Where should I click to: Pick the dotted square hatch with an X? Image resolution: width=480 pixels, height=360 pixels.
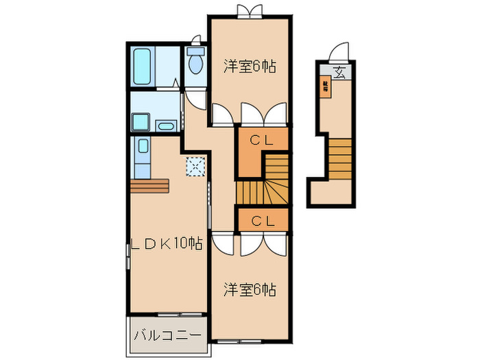pyautogui.click(x=195, y=167)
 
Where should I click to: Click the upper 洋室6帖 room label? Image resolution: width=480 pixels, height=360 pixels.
pyautogui.click(x=250, y=67)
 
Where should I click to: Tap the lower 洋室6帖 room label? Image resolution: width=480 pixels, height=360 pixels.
pyautogui.click(x=250, y=290)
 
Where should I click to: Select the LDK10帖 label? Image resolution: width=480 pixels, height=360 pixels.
pyautogui.click(x=167, y=243)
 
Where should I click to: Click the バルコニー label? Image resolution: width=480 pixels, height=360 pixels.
pyautogui.click(x=167, y=335)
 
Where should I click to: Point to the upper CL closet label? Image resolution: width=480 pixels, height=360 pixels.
pyautogui.click(x=262, y=141)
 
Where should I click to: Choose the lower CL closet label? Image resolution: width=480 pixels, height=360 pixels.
pyautogui.click(x=262, y=221)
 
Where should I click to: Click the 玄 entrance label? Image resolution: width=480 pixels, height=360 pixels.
pyautogui.click(x=339, y=70)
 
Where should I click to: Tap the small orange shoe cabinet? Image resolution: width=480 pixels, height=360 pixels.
pyautogui.click(x=326, y=86)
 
